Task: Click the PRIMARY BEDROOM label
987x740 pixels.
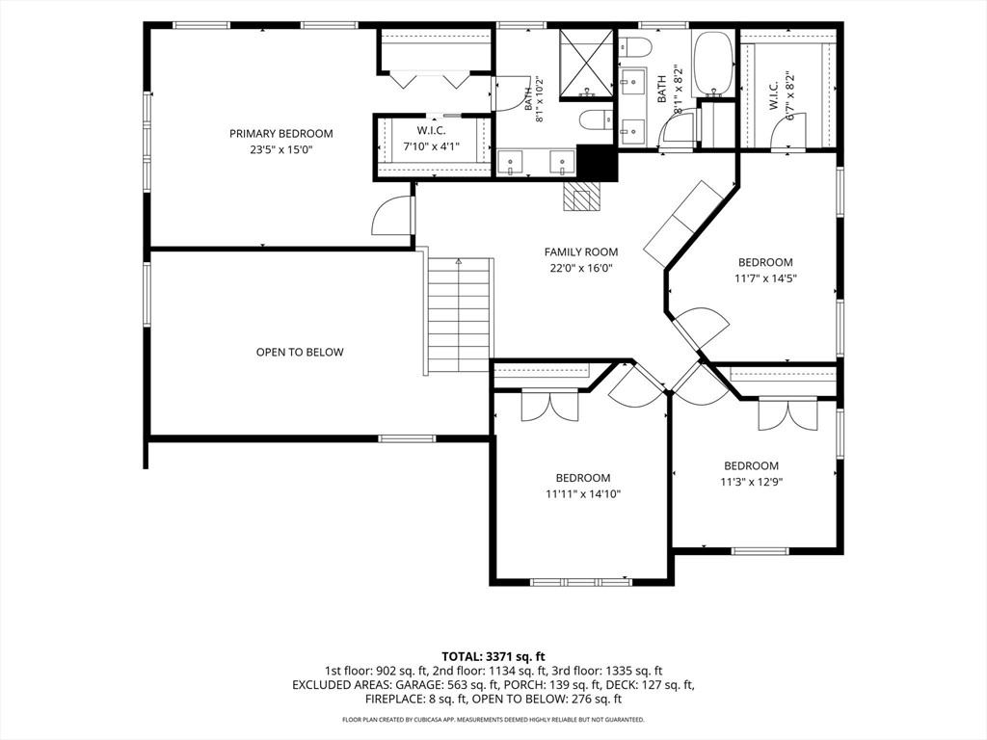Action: (280, 133)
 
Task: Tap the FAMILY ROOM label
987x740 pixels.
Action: (581, 251)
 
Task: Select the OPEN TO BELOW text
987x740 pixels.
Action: (300, 352)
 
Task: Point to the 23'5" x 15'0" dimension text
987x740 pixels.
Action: (280, 149)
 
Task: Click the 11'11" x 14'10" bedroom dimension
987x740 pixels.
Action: (583, 494)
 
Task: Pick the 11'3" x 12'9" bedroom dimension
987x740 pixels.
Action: (752, 482)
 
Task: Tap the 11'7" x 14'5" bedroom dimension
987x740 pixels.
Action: (765, 278)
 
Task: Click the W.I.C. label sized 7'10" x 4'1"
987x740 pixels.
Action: (431, 131)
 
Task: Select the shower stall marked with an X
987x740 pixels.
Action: (586, 64)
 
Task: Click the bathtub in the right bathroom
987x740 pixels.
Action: (712, 63)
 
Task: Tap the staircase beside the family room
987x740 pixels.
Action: (459, 315)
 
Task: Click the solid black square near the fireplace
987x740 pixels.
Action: (596, 162)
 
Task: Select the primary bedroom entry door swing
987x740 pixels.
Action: (391, 216)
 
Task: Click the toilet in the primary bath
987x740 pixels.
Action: (595, 119)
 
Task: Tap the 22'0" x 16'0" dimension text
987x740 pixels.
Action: (581, 268)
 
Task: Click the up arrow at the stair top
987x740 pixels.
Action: (458, 261)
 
